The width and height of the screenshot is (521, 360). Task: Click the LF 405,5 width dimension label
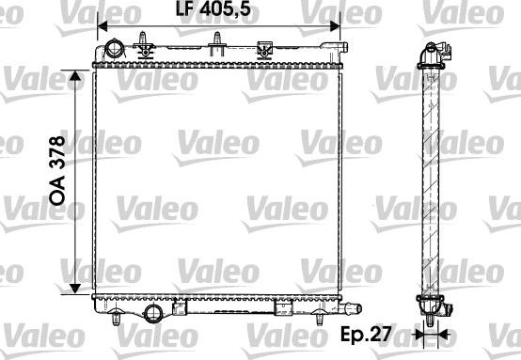click(213, 9)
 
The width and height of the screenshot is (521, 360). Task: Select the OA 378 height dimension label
click(57, 170)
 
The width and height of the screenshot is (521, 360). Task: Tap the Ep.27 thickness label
click(366, 334)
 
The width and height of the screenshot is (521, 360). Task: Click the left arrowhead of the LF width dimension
click(103, 26)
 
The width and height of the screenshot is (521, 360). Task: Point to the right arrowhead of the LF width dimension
click(335, 26)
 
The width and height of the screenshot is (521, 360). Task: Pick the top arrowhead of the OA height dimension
click(75, 76)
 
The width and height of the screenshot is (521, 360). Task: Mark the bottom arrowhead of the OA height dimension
click(75, 289)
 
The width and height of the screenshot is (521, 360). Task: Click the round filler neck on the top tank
click(115, 49)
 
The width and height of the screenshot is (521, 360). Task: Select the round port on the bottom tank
click(153, 313)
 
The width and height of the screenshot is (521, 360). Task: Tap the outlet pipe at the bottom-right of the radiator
click(352, 308)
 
